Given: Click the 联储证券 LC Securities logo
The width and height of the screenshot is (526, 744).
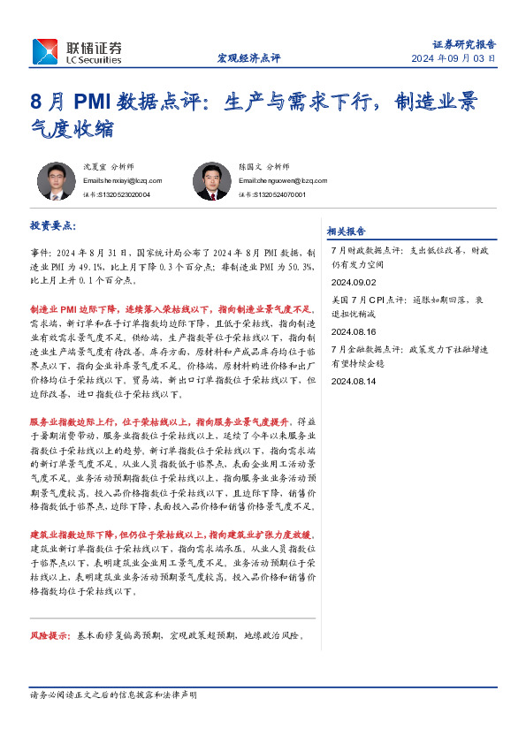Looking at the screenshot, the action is (x=77, y=51).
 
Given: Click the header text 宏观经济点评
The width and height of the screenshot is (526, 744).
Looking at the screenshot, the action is (x=248, y=58).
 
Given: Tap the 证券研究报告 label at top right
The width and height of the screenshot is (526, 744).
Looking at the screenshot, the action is (x=464, y=43).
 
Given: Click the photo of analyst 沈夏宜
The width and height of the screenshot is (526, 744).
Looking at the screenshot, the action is (x=56, y=181).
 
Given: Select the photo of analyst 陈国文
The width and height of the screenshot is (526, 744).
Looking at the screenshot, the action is (x=211, y=181).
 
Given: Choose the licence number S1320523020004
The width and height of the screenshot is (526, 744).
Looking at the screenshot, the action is (x=116, y=194).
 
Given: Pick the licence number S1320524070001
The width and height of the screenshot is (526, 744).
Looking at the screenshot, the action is (x=272, y=194).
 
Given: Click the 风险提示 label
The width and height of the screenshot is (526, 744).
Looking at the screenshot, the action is (x=50, y=635).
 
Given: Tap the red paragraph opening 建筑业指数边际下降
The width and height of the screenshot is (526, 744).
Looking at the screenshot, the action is (x=172, y=535).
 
